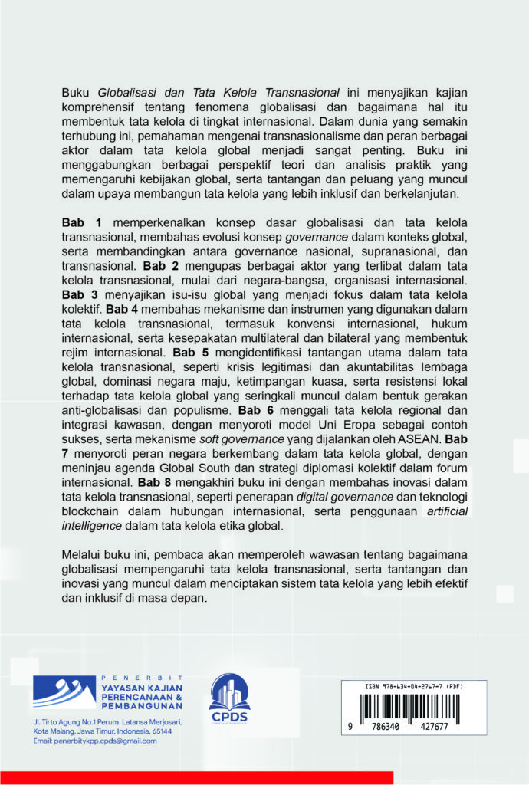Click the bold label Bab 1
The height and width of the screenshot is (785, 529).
click(77, 222)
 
